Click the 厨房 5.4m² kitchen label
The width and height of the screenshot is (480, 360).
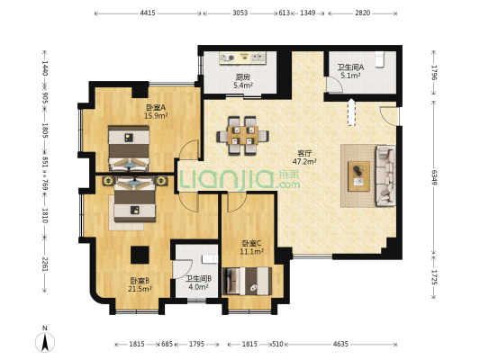click(x=243, y=81)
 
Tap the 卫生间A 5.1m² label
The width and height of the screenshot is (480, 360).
click(x=350, y=71)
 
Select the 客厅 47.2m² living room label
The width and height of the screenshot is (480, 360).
click(x=304, y=157)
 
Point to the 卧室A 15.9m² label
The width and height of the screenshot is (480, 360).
click(x=156, y=112)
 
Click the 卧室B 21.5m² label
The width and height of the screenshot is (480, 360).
click(x=140, y=284)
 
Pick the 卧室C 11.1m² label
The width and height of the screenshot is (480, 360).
click(x=251, y=247)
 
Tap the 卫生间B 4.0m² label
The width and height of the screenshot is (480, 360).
click(x=199, y=283)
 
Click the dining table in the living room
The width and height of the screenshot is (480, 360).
click(x=243, y=136)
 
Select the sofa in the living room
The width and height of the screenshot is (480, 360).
click(x=385, y=175)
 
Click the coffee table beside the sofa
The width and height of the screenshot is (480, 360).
click(x=358, y=176)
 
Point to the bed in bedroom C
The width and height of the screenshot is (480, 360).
click(x=247, y=281)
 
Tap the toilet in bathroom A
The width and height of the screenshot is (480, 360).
click(x=379, y=59)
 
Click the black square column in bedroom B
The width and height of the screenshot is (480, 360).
click(x=140, y=255)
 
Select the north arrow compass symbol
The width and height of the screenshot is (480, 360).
click(x=45, y=339)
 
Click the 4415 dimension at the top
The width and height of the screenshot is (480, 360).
click(x=148, y=13)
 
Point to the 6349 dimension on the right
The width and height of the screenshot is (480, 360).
click(x=434, y=177)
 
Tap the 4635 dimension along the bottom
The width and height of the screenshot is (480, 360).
click(x=340, y=344)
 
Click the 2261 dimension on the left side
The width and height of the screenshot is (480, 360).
click(x=45, y=264)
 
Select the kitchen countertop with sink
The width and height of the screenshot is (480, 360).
click(x=243, y=58)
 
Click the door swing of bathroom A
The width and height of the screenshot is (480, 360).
click(x=335, y=84)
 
